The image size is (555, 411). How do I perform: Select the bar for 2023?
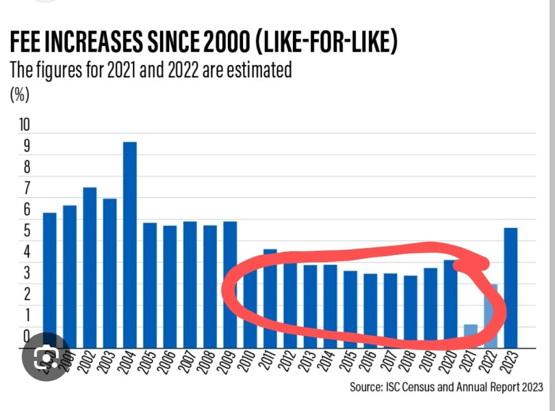(510, 288)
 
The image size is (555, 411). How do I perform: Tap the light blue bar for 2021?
(470, 336)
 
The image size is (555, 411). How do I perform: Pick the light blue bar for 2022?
(490, 316)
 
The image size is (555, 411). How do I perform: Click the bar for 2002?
(90, 267)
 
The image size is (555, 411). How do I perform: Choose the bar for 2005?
(149, 285)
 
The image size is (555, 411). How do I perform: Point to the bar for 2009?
(230, 284)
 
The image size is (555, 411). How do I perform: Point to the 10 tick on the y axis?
(25, 125)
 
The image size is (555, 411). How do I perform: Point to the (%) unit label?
(19, 95)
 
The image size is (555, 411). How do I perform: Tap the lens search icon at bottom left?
(46, 356)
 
